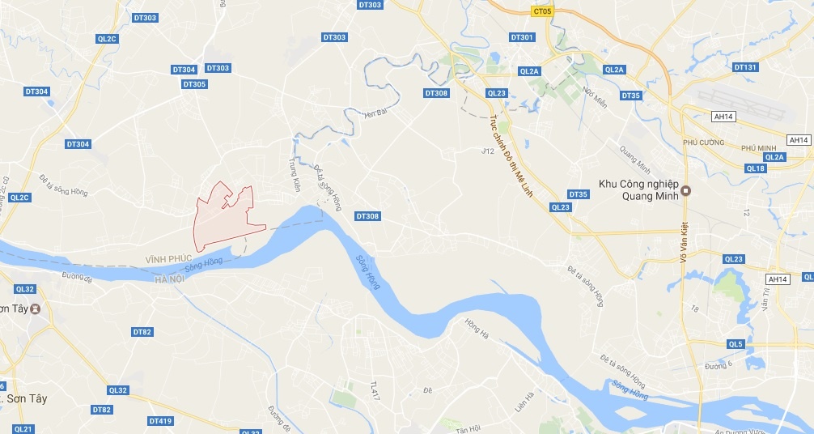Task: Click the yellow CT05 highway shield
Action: [544, 11]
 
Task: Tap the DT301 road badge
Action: [523, 37]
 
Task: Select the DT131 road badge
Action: [746, 67]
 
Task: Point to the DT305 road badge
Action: [194, 84]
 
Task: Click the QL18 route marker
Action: [756, 168]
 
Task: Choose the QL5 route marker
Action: [735, 344]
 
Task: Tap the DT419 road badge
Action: [160, 421]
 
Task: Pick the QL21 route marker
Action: [23, 428]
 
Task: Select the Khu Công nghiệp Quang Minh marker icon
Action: [686, 191]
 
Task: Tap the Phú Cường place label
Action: [701, 143]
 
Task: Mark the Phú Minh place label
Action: [758, 147]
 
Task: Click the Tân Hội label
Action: [468, 428]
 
